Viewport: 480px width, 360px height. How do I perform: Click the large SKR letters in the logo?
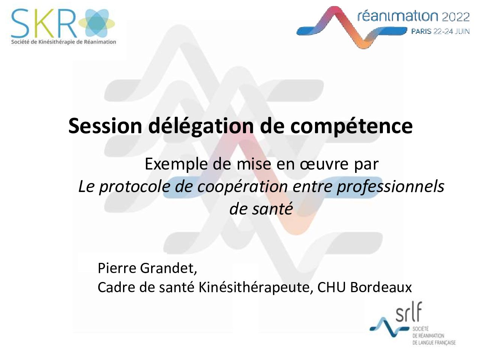coord(44,23)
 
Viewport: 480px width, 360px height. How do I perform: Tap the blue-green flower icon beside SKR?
coord(97,23)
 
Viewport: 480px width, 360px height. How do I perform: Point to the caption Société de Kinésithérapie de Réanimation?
coord(64,42)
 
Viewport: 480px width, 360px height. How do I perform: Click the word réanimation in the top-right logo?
coord(397,16)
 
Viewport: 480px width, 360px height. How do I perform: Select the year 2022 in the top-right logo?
coord(456,17)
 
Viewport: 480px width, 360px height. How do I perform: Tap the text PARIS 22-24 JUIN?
coord(440,31)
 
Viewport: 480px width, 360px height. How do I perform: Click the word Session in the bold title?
coord(105,126)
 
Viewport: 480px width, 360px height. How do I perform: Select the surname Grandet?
coord(168,268)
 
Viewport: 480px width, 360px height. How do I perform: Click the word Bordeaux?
coord(381,287)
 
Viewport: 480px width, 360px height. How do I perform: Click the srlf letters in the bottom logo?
coord(408,312)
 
